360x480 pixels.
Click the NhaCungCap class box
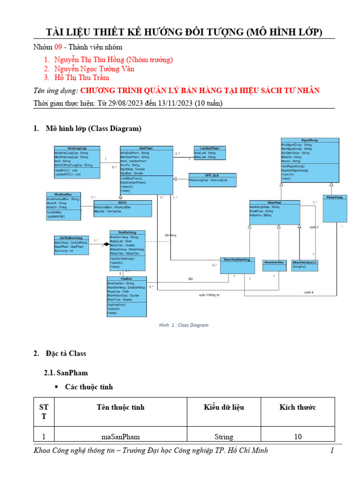pyautogui.click(x=77, y=162)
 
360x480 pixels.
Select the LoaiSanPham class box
pyautogui.click(x=210, y=153)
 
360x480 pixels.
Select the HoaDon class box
pyautogui.click(x=127, y=296)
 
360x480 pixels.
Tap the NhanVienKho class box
pyautogui.click(x=274, y=265)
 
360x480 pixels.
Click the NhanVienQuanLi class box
pyautogui.click(x=305, y=265)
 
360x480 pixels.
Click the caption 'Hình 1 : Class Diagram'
pyautogui.click(x=183, y=325)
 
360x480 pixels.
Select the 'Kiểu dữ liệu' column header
pyautogui.click(x=224, y=407)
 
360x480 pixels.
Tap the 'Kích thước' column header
pyautogui.click(x=298, y=407)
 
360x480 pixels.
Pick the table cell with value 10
pyautogui.click(x=298, y=437)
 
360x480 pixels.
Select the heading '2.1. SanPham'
pyautogui.click(x=66, y=373)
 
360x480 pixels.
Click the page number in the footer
pyautogui.click(x=331, y=451)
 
